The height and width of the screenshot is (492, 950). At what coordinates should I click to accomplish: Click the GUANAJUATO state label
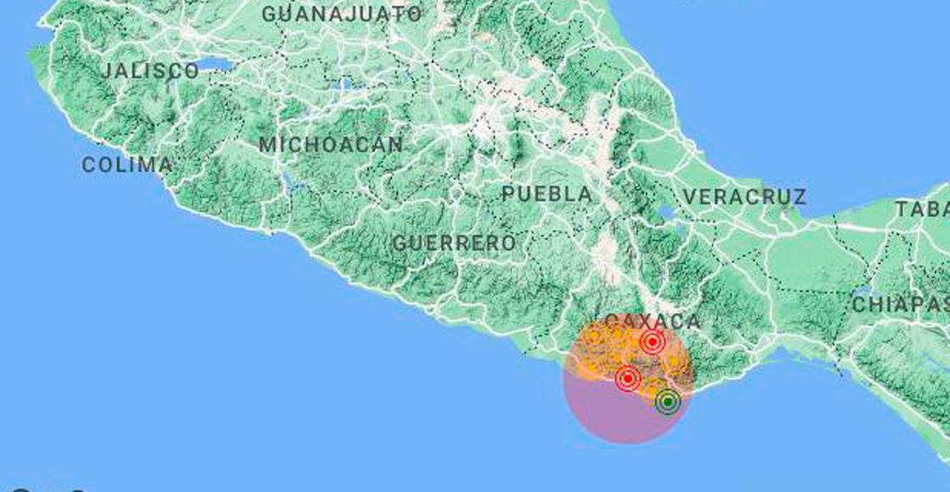[341, 14]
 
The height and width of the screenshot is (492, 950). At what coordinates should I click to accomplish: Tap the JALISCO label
[149, 71]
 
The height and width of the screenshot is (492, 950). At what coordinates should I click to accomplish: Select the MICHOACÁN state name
[330, 145]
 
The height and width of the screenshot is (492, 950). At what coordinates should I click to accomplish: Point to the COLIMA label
[127, 165]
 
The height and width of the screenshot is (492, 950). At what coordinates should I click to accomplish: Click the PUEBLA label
[547, 194]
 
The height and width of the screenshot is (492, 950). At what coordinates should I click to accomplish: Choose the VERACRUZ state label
[744, 197]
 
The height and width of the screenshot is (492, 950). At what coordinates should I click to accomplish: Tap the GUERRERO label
[454, 243]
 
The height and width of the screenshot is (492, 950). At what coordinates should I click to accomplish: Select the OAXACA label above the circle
[654, 321]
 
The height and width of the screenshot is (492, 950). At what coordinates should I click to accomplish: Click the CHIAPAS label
[899, 305]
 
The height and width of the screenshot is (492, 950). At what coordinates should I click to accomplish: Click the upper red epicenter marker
[651, 343]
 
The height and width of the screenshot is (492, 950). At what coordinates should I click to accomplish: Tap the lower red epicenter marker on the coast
[628, 378]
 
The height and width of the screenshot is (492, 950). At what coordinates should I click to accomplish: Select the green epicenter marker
[668, 401]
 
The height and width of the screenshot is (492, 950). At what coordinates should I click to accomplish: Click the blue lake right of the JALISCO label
[219, 64]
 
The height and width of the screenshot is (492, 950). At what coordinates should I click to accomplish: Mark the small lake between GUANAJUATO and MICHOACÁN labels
[344, 85]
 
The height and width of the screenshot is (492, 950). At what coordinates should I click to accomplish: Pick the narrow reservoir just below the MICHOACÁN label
[291, 181]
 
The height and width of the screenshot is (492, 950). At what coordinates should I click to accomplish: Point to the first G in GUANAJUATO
[269, 14]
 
